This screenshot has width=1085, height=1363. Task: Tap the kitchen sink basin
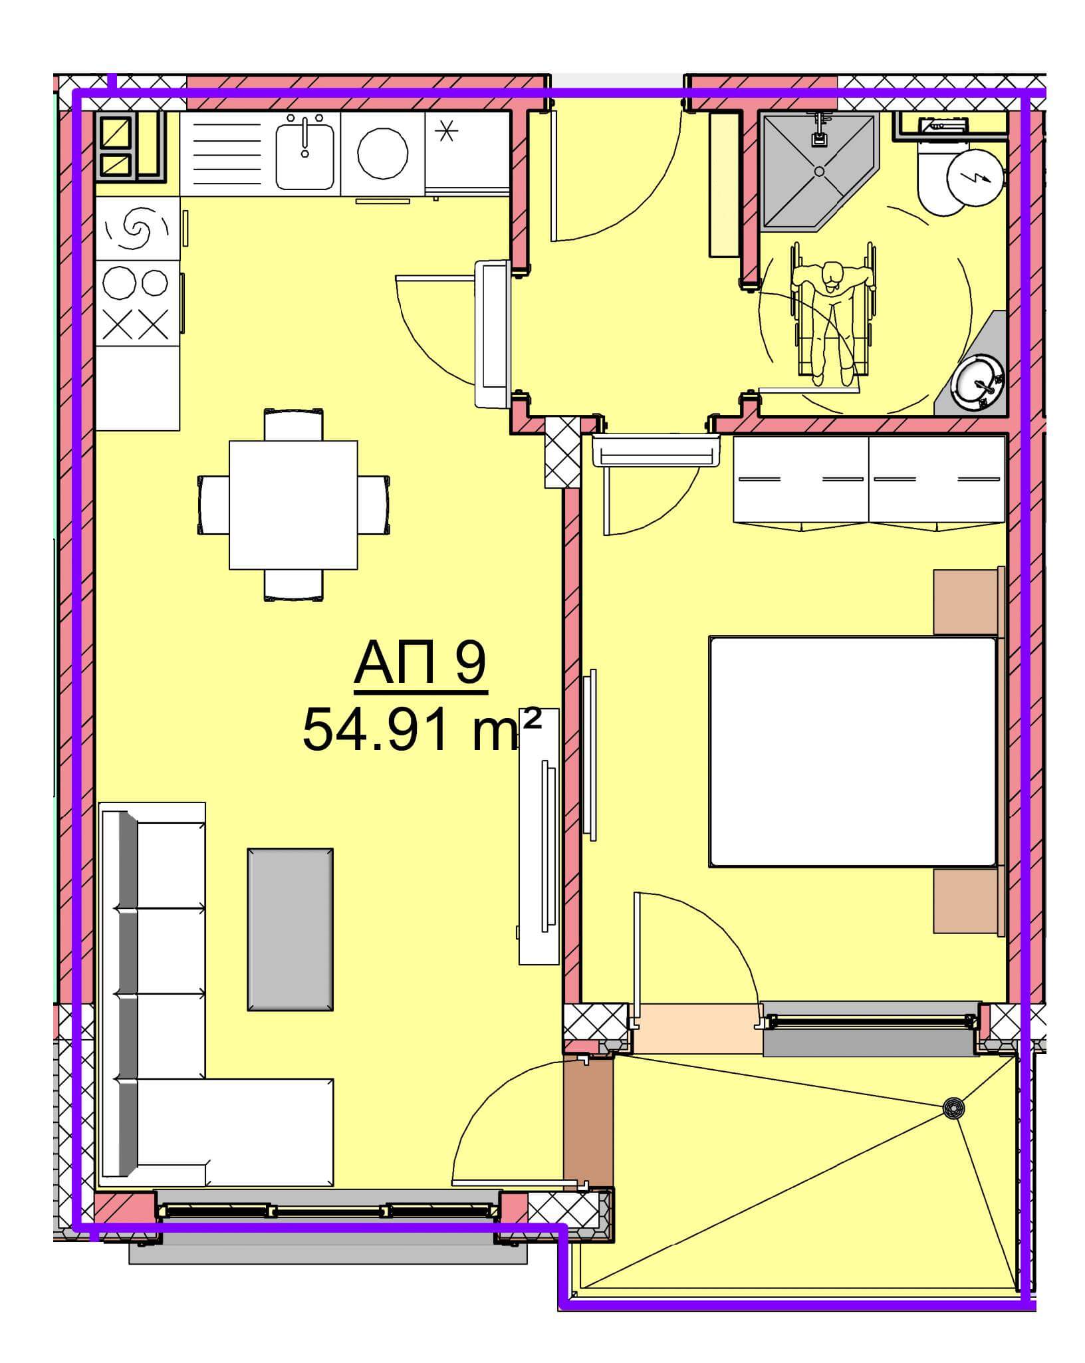pos(304,152)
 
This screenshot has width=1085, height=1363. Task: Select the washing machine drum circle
pos(382,153)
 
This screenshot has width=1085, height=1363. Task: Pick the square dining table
pos(293,505)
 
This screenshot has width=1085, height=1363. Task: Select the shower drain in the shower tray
pos(819,171)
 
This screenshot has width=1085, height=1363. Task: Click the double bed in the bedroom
pos(853,751)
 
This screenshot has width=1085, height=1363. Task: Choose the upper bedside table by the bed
pos(968,601)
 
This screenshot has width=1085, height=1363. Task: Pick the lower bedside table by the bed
pos(968,902)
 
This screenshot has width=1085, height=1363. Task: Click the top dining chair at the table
pos(294,424)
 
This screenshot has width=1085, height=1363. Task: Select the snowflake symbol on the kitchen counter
pos(447,133)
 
